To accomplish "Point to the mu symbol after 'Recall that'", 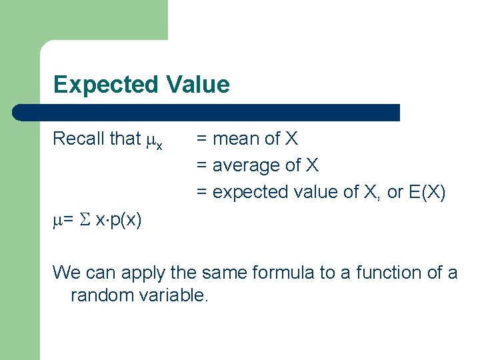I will click(x=151, y=140).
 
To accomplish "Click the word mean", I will click(x=236, y=139).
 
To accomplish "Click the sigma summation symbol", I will click(x=84, y=220).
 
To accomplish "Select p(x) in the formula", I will click(x=125, y=220).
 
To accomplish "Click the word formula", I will click(x=291, y=273).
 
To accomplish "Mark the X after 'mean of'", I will click(x=291, y=139).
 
